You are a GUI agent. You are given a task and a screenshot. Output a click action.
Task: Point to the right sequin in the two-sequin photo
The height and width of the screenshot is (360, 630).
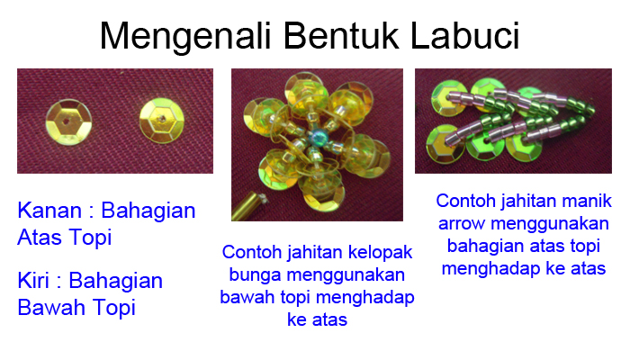(x=162, y=119)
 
